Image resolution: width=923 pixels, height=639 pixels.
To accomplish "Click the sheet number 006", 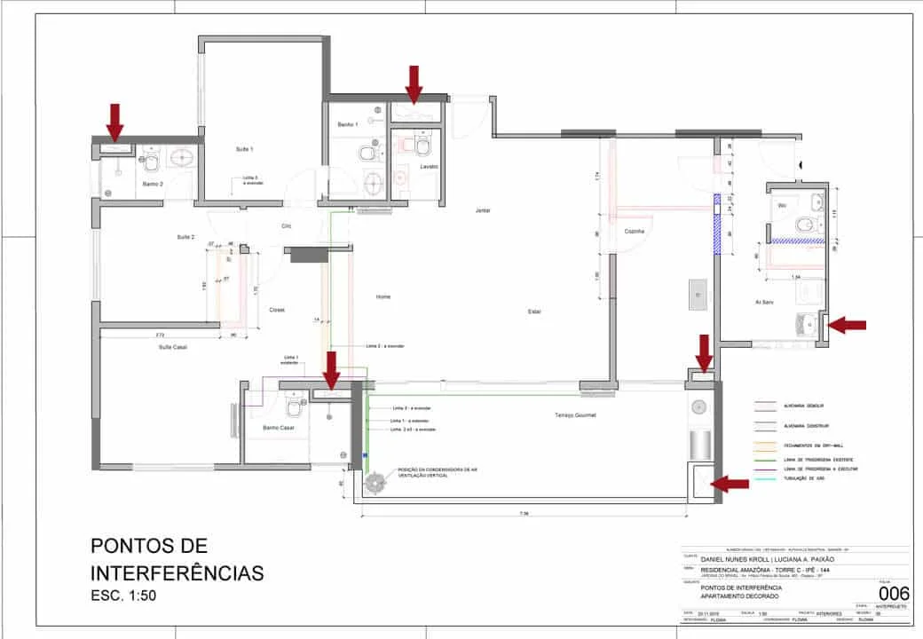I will click(x=892, y=592).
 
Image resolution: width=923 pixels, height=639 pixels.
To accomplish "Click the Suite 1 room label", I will click(x=244, y=149).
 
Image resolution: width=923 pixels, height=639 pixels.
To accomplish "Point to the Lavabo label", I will click(x=430, y=166).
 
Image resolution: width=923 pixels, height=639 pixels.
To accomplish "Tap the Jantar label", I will click(x=483, y=210).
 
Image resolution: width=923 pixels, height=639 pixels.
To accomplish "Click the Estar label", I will click(x=534, y=312).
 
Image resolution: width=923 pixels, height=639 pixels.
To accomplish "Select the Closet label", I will click(x=276, y=310).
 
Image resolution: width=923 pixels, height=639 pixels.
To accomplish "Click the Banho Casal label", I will click(x=278, y=428).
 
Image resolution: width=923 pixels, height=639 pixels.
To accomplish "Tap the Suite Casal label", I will click(x=173, y=347).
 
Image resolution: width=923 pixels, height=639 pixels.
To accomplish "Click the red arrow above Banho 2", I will click(x=114, y=121).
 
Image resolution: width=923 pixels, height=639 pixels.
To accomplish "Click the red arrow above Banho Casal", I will click(x=332, y=369).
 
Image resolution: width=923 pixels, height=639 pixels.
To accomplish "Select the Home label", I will click(x=383, y=296).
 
